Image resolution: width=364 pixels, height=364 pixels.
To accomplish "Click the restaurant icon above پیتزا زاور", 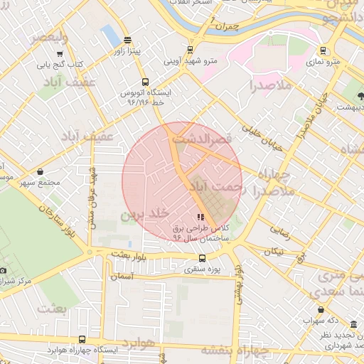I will tap(127, 41).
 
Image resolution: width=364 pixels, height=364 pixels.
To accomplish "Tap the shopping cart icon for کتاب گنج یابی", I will tap(60, 53).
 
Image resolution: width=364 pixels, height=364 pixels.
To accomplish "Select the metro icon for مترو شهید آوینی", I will tap(190, 50).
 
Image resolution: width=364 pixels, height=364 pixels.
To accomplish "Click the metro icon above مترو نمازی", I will tap(324, 50).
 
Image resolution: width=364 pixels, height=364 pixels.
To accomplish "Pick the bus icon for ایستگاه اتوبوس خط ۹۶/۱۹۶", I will tap(145, 82).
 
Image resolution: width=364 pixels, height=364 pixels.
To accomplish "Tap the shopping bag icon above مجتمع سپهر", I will tap(40, 171).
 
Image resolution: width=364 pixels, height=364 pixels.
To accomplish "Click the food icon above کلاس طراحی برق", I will tap(200, 217).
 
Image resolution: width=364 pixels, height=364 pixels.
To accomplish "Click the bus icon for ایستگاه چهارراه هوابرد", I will tap(82, 340).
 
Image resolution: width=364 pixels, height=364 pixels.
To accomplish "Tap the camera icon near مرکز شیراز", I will tap(3, 270).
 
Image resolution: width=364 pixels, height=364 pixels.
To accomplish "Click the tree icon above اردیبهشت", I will tap(358, 95).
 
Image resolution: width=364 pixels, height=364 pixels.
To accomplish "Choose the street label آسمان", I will tap(122, 276).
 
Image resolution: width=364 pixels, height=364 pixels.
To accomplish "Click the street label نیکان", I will tap(274, 252).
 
